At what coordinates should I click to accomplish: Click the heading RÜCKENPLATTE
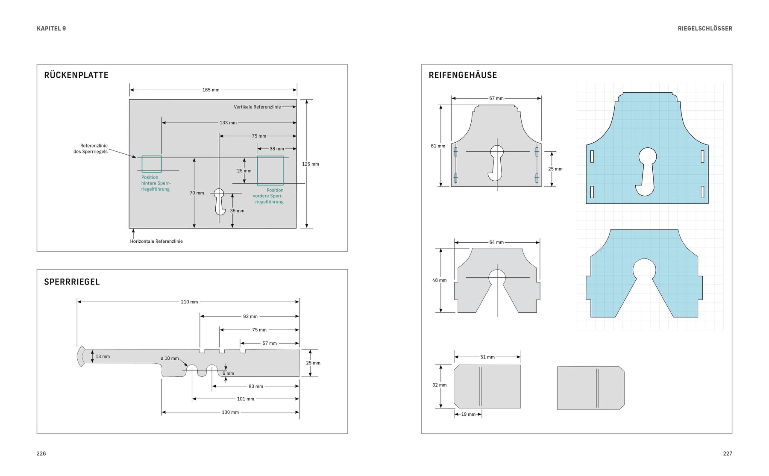76,75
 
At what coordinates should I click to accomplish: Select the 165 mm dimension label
211,90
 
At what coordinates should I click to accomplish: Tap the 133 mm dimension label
228,123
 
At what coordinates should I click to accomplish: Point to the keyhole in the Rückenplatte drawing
220,201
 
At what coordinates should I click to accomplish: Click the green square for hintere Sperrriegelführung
152,164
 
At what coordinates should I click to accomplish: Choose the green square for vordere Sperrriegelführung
270,170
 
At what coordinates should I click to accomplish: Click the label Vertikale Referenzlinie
257,107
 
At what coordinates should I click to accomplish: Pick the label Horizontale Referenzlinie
156,241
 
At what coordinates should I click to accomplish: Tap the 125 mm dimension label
311,164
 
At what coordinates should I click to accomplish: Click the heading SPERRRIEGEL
72,282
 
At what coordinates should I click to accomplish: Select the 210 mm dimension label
189,302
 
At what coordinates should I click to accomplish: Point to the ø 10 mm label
170,358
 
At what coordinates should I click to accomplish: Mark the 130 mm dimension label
230,412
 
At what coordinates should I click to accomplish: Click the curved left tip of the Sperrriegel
80,356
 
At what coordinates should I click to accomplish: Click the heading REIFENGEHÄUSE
463,75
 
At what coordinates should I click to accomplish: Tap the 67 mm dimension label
496,99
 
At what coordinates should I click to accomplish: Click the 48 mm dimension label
439,281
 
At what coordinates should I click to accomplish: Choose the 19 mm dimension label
468,414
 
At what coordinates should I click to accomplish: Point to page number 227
727,454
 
